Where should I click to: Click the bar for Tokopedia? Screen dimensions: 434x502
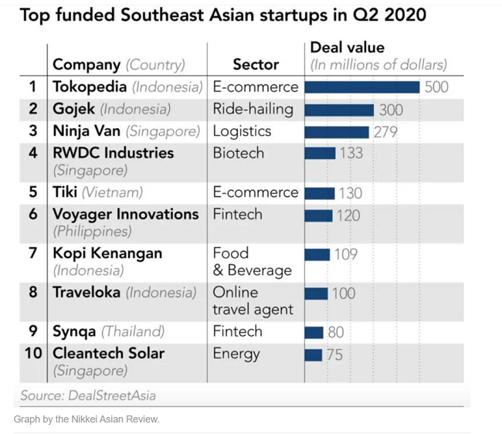(x=362, y=87)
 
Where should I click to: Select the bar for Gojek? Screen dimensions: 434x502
(x=340, y=110)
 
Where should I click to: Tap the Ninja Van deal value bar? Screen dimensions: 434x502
(x=337, y=132)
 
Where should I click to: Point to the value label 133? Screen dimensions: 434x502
(x=351, y=153)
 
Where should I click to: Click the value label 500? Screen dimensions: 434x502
(x=436, y=87)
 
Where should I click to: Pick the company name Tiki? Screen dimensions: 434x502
(x=64, y=192)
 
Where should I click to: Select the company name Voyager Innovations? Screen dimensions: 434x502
(x=125, y=214)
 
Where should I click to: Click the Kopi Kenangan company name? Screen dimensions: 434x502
(x=107, y=253)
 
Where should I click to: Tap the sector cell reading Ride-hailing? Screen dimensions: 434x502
(x=253, y=109)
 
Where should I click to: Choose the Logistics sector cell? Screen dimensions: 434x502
(x=242, y=131)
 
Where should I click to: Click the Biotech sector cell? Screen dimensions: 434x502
(x=239, y=153)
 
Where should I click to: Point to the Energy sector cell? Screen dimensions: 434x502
(x=236, y=354)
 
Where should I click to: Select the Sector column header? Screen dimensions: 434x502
(x=256, y=65)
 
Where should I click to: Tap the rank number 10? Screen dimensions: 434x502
(x=32, y=354)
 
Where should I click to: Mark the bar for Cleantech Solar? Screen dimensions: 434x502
(x=313, y=355)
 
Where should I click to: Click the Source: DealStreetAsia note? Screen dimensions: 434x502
(x=89, y=395)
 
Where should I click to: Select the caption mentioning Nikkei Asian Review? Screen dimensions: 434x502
(x=86, y=419)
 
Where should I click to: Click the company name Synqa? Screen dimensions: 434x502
(x=74, y=331)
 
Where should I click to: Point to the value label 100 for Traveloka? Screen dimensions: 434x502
(x=344, y=293)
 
